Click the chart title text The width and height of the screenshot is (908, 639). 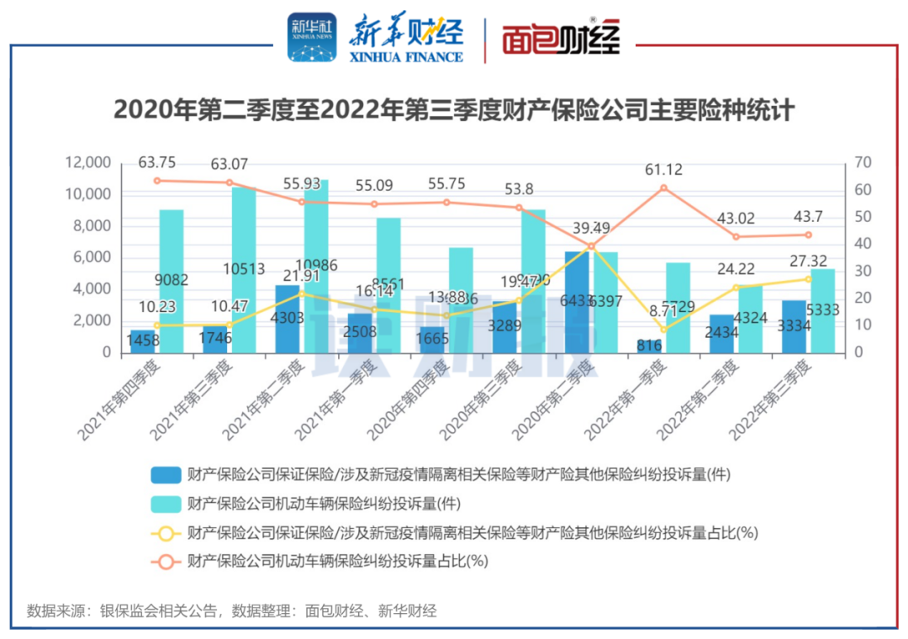[454, 110]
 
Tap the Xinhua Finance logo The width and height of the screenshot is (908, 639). [375, 39]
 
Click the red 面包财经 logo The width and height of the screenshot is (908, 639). [561, 39]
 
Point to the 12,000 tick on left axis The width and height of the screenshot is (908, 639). [87, 162]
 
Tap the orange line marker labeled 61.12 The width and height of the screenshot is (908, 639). [663, 187]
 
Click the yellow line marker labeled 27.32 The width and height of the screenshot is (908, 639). [809, 279]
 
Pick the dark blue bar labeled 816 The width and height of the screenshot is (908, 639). [648, 346]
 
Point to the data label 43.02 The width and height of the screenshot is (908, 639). [736, 218]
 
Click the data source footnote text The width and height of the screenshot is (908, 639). [232, 610]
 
